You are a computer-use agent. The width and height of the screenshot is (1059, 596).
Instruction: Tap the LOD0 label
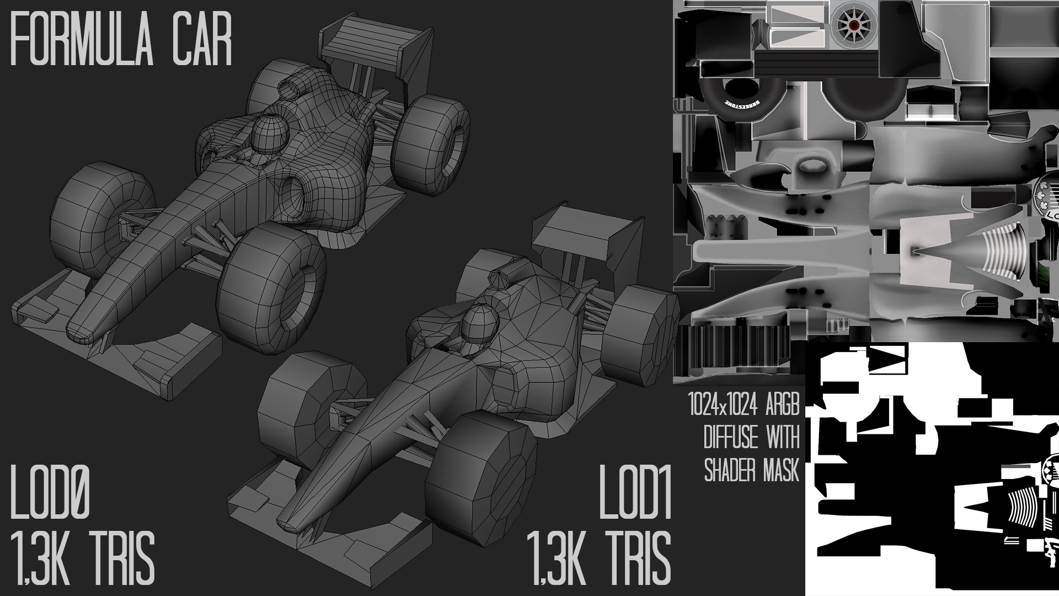(x=51, y=494)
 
